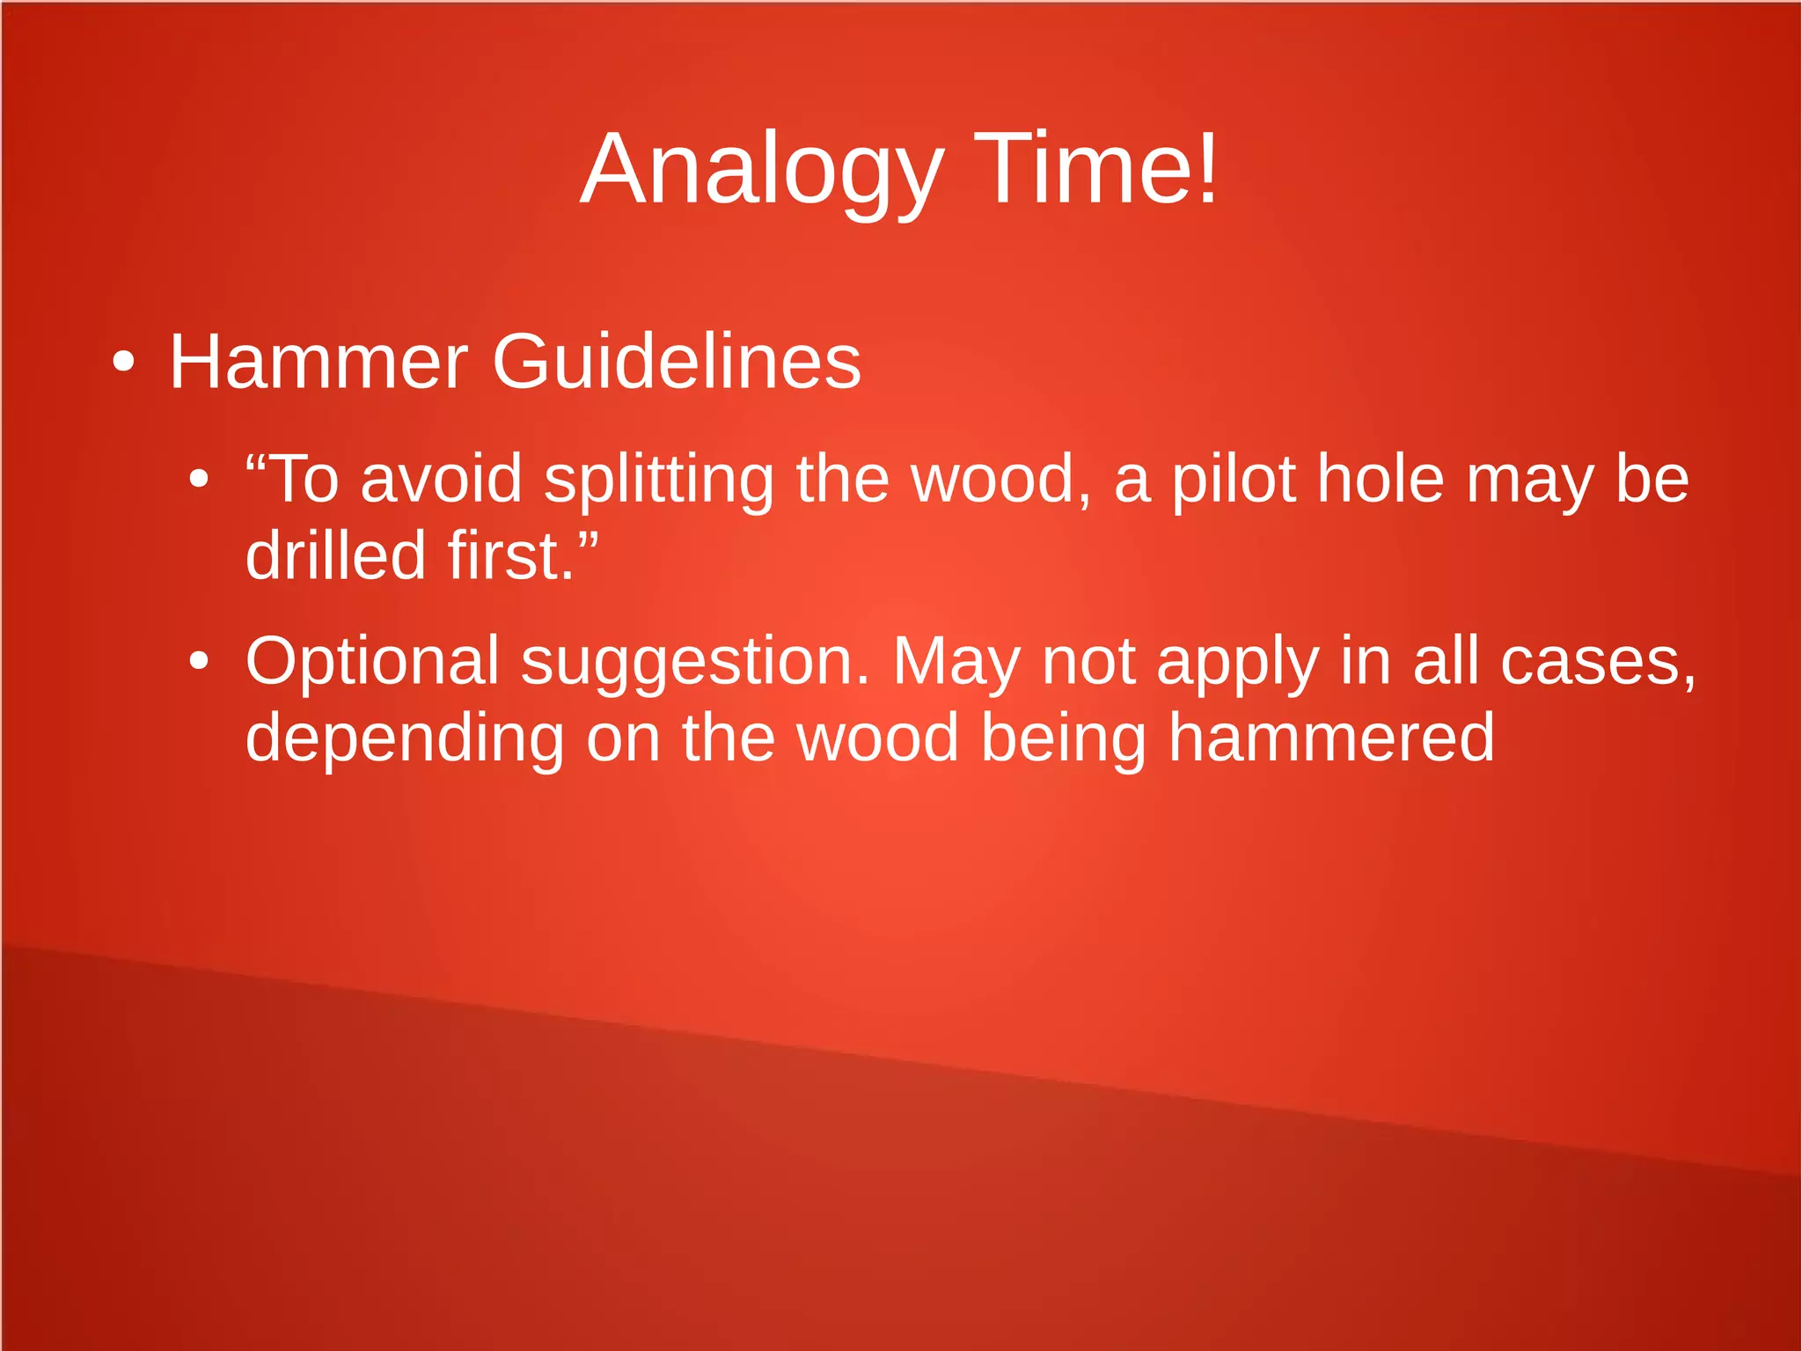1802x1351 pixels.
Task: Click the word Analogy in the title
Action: [x=762, y=170]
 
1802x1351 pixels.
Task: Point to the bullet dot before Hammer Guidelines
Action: [x=124, y=362]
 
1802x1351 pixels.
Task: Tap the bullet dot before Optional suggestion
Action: [x=200, y=661]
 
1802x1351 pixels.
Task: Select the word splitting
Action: [x=658, y=481]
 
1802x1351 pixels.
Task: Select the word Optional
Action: [x=372, y=661]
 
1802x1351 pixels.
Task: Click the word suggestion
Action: [x=695, y=663]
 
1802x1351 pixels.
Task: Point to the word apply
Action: [x=1238, y=663]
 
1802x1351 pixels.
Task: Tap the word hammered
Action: [x=1331, y=738]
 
